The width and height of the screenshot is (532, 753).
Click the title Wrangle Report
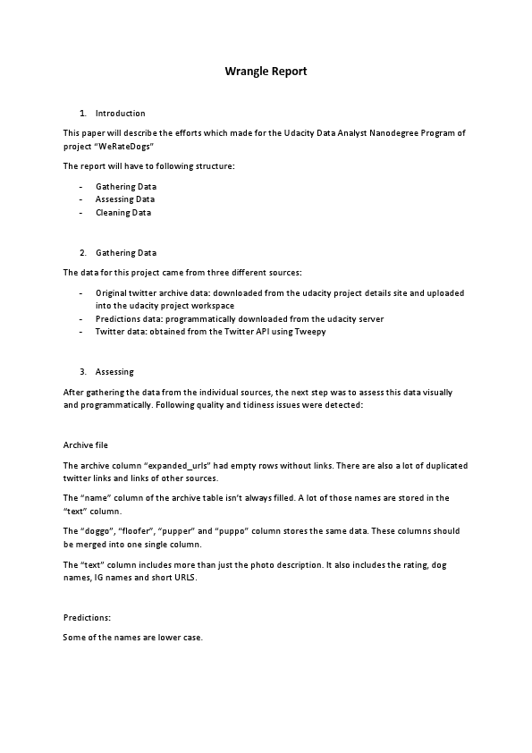pyautogui.click(x=266, y=71)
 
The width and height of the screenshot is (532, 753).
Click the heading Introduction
pyautogui.click(x=120, y=114)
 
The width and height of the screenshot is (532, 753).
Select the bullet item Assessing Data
pyautogui.click(x=124, y=199)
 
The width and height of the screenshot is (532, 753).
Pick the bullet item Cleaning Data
pyautogui.click(x=123, y=213)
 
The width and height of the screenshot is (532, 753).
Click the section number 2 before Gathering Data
pyautogui.click(x=82, y=253)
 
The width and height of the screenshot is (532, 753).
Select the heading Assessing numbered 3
pyautogui.click(x=114, y=372)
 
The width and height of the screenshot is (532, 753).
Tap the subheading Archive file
pyautogui.click(x=86, y=444)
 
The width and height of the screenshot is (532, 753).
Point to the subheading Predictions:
pyautogui.click(x=87, y=617)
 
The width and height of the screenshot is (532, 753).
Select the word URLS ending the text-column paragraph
pyautogui.click(x=184, y=578)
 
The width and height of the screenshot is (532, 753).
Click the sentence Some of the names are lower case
pyautogui.click(x=133, y=638)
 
